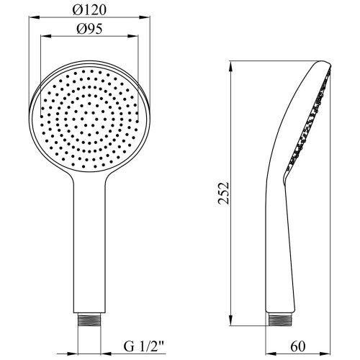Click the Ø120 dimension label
[x=89, y=10]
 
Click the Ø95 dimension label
[x=89, y=29]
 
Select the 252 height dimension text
[x=224, y=193]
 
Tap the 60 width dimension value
[x=297, y=346]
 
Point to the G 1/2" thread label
[x=144, y=346]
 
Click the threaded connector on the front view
[x=89, y=319]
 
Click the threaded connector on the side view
[x=279, y=319]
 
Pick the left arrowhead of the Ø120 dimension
[x=34, y=17]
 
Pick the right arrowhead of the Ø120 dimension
[x=145, y=17]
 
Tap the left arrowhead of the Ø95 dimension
[x=46, y=36]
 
